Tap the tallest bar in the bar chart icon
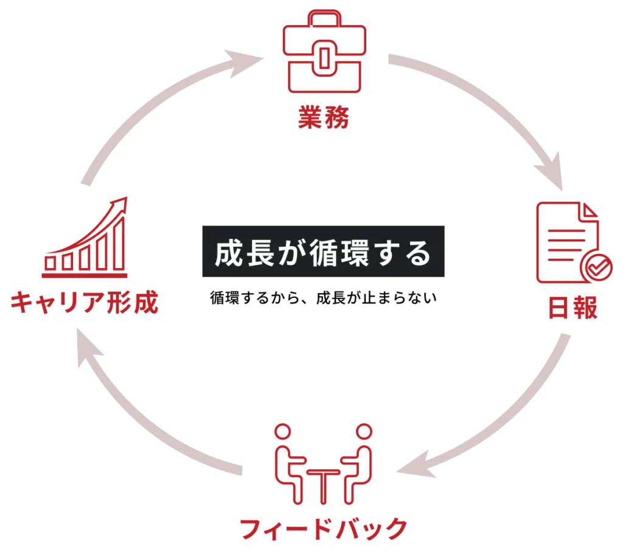(x=118, y=243)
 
